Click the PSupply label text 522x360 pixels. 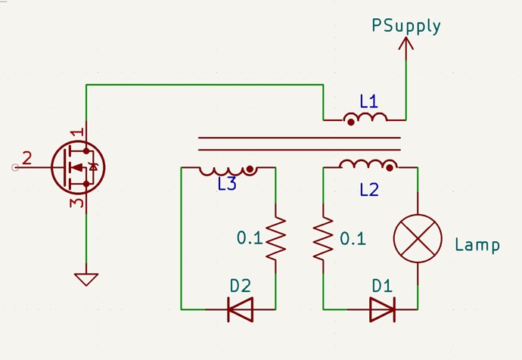pos(405,26)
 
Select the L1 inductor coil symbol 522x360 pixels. pos(365,118)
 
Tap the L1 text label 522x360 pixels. pos(368,101)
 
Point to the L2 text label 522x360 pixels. pos(368,190)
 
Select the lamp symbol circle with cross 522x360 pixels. pos(418,238)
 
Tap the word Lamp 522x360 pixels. pos(477,245)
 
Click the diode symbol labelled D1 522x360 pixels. pos(382,309)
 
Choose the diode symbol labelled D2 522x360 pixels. pos(240,309)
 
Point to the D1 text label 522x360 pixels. pos(382,286)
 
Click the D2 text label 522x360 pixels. pos(240,286)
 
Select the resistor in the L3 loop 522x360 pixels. pos(275,237)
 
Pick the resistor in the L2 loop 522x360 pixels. pos(324,237)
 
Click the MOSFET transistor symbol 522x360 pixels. pos(78,167)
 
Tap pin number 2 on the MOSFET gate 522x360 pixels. pos(27,158)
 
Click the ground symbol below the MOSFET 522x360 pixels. pos(86,278)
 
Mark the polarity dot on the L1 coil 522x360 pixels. pos(350,121)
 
